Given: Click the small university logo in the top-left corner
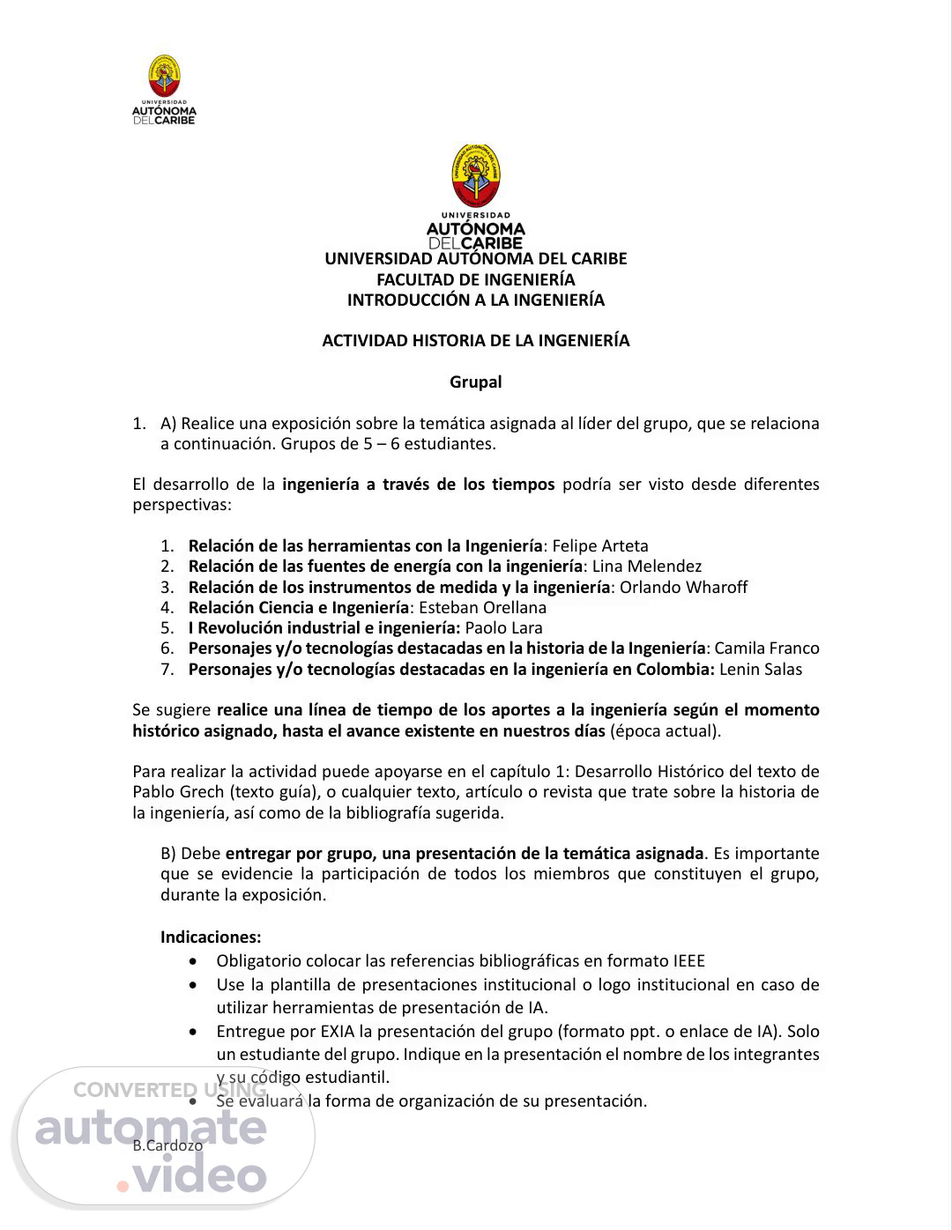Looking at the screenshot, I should tap(163, 89).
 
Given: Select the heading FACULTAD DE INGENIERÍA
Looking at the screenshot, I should tap(475, 279).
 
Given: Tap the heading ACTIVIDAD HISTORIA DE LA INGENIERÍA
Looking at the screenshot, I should tap(475, 341).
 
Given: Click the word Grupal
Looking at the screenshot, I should tap(475, 382).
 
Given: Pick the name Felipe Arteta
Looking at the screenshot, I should tap(599, 546).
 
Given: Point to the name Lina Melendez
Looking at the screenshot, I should tap(646, 567).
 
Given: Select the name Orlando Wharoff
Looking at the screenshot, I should tap(683, 587).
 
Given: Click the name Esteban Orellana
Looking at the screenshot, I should tap(482, 607).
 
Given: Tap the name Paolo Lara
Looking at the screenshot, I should tap(503, 627).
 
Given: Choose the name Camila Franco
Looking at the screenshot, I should tap(766, 648).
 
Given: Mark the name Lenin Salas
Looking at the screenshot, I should tap(761, 669).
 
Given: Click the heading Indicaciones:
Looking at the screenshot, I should tap(211, 937).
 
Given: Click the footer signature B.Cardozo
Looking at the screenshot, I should tap(167, 1145).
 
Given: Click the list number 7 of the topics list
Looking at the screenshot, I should tap(167, 669).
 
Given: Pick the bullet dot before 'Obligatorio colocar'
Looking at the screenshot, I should tap(194, 961).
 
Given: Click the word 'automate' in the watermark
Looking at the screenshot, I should tap(150, 1128).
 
